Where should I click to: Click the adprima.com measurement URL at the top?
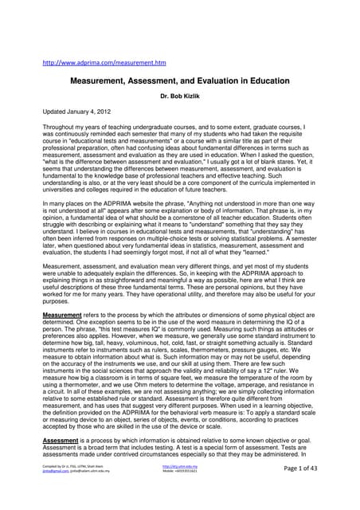pyautogui.click(x=104, y=62)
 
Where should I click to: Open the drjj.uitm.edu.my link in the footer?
pyautogui.click(x=178, y=488)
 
